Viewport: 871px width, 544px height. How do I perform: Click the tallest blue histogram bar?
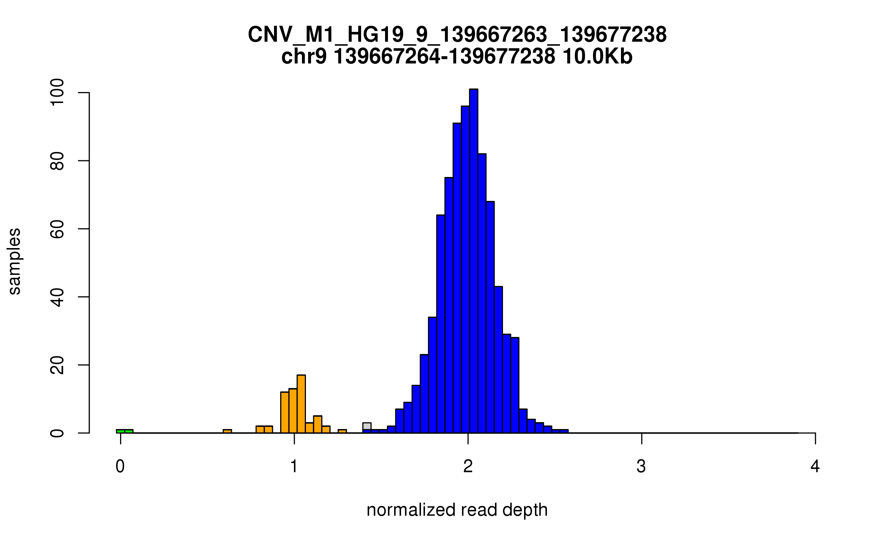pyautogui.click(x=473, y=261)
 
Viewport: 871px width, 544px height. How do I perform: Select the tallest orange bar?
pyautogui.click(x=301, y=404)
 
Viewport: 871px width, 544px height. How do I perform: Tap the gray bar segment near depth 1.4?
pyautogui.click(x=367, y=426)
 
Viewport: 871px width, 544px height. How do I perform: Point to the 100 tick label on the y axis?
pyautogui.click(x=57, y=93)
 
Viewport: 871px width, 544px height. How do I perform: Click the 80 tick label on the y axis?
pyautogui.click(x=57, y=161)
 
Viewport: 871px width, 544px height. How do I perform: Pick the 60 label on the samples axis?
pyautogui.click(x=57, y=229)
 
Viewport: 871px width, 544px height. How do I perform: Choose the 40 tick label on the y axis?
pyautogui.click(x=57, y=297)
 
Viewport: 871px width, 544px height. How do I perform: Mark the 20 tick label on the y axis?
pyautogui.click(x=57, y=365)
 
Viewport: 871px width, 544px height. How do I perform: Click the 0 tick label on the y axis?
pyautogui.click(x=57, y=433)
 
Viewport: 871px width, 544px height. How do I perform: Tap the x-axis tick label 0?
pyautogui.click(x=120, y=466)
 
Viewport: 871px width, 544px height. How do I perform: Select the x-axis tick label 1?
pyautogui.click(x=294, y=466)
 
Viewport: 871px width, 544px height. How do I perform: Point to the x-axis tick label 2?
pyautogui.click(x=468, y=466)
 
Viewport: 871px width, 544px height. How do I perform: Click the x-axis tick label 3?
pyautogui.click(x=641, y=466)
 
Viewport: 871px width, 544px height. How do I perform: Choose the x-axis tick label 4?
pyautogui.click(x=815, y=466)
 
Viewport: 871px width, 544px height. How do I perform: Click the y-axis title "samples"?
pyautogui.click(x=15, y=261)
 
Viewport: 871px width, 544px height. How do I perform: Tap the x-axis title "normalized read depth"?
pyautogui.click(x=457, y=510)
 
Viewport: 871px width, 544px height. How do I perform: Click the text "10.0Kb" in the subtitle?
pyautogui.click(x=597, y=57)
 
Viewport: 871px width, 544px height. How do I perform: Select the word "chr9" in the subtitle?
pyautogui.click(x=304, y=57)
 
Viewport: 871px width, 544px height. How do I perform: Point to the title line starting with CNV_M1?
pyautogui.click(x=457, y=35)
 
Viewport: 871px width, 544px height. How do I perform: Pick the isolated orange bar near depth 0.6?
pyautogui.click(x=227, y=431)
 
